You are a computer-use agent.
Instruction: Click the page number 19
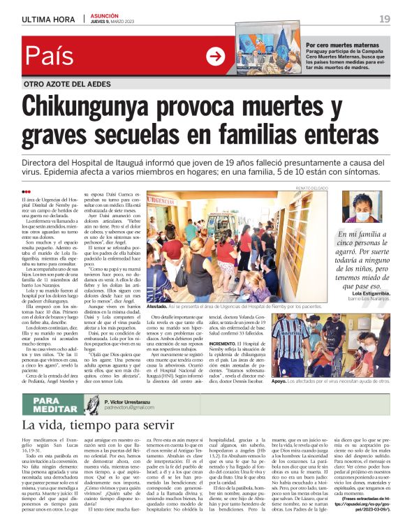pos(385,18)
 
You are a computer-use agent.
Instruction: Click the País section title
pos(53,57)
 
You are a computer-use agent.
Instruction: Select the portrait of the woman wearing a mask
pos(361,207)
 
